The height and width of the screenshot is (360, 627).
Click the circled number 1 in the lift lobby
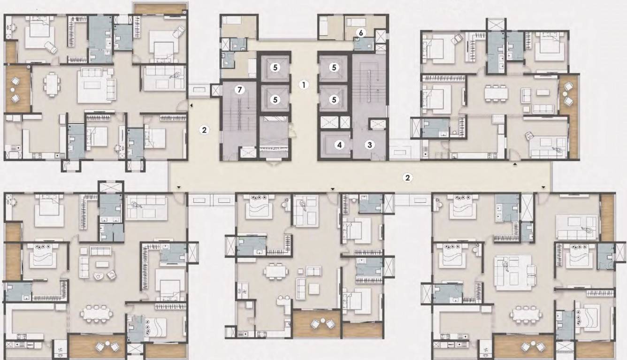(x=304, y=85)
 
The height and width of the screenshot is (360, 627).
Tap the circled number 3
(x=370, y=145)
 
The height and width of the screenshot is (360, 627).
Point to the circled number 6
(x=360, y=33)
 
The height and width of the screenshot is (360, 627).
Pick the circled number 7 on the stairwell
(x=239, y=91)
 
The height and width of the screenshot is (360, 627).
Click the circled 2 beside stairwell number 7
(x=204, y=130)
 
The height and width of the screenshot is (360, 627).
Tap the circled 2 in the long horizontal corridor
(x=408, y=177)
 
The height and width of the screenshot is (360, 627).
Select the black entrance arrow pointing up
(x=515, y=165)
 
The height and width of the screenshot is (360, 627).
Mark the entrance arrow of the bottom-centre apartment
(x=333, y=189)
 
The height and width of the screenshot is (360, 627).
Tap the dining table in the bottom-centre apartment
(x=275, y=271)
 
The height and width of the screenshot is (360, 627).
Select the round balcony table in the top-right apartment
(x=568, y=94)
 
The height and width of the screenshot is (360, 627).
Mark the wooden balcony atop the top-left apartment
(x=160, y=8)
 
